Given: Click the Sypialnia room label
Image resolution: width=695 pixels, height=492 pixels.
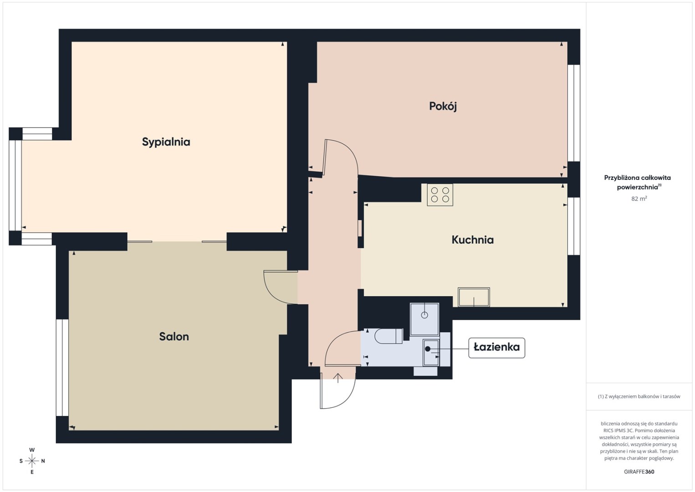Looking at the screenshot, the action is tap(166, 142).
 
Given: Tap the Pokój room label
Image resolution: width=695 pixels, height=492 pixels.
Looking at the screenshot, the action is tap(443, 107).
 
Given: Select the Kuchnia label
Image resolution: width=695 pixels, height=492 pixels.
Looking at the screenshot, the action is tap(473, 240).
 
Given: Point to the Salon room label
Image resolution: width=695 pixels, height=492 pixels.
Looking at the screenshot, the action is tap(174, 337).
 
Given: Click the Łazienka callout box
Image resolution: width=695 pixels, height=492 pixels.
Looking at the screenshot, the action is tap(496, 348).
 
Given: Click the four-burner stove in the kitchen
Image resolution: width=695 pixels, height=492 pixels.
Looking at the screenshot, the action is tap(440, 195).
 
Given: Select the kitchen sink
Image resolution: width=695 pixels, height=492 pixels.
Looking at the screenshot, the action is tap(474, 297).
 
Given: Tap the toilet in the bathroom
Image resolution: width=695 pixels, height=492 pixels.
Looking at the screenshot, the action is tap(389, 336).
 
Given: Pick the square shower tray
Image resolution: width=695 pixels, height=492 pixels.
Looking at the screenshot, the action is tap(424, 319).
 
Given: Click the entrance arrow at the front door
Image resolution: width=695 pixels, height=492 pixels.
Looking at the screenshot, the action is tap(337, 378).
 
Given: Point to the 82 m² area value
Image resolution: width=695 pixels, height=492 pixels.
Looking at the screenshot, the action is tap(639, 198).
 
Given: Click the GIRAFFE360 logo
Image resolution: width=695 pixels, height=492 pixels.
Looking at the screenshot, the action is tap(639, 471).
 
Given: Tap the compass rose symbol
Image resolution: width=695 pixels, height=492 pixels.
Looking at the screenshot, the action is tap(32, 461).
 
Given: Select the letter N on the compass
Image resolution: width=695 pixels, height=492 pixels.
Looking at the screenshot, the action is tap(43, 461).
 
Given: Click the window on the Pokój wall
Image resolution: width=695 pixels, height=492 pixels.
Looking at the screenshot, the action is tap(574, 113).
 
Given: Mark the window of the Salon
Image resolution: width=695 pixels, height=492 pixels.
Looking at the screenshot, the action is tap(62, 368).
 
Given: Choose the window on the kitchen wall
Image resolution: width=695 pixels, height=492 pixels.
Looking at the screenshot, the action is tap(574, 226).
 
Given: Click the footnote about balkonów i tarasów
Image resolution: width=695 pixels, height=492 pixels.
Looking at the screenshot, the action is tap(639, 396).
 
